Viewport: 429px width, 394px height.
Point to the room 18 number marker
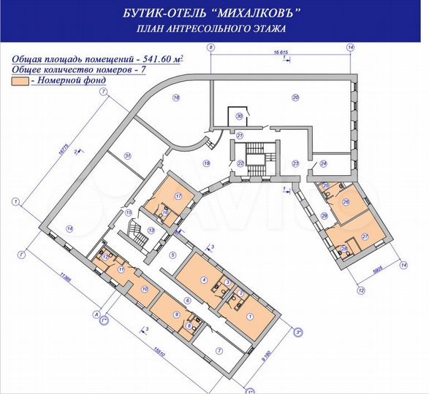(x=175, y=97)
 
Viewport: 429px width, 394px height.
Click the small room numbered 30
(x=238, y=116)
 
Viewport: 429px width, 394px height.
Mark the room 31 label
(x=127, y=155)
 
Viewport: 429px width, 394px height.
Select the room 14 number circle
(x=69, y=228)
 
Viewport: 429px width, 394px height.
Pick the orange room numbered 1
(x=250, y=316)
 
